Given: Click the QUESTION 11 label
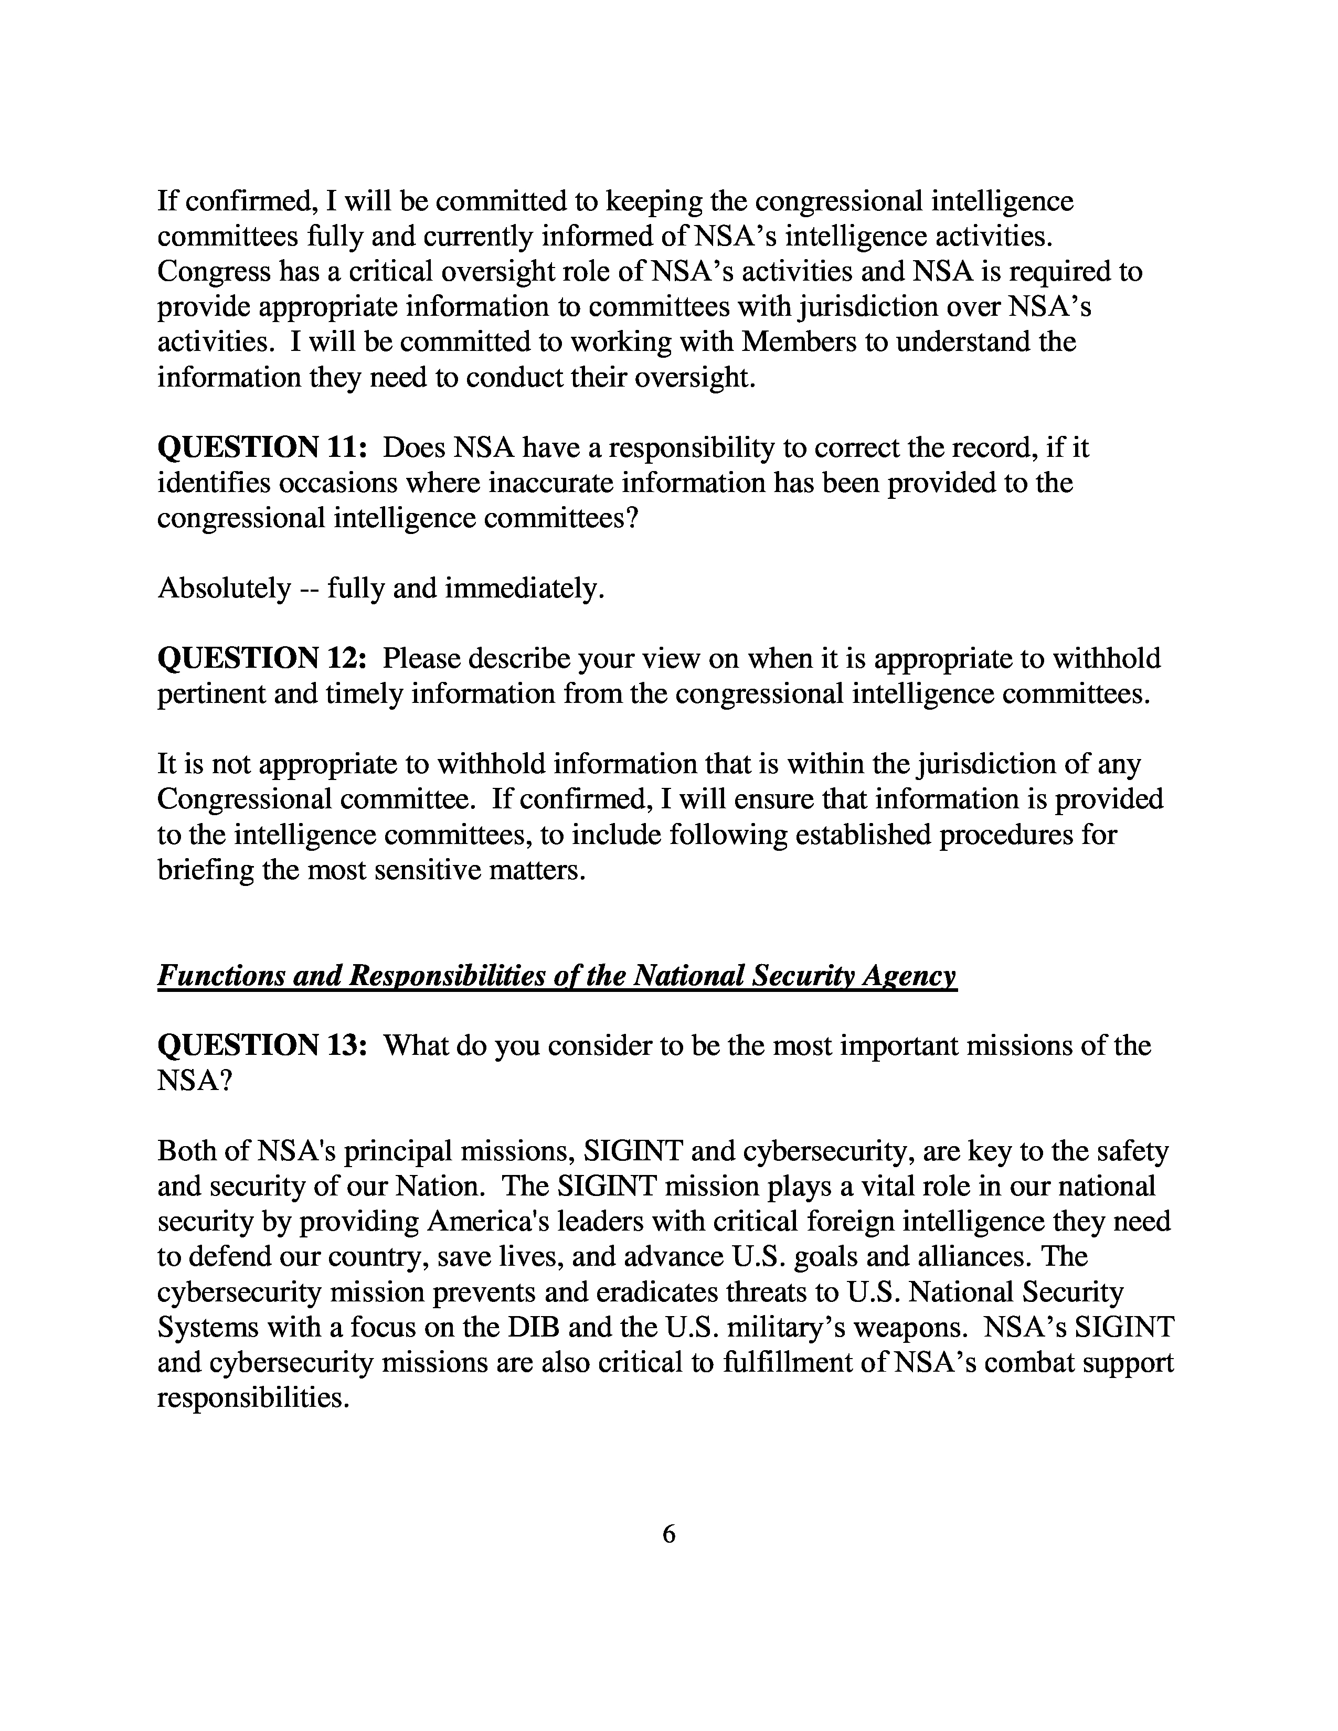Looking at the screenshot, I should pyautogui.click(x=262, y=448).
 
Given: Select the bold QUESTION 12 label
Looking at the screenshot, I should pyautogui.click(x=262, y=659).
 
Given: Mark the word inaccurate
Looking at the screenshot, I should pyautogui.click(x=551, y=483).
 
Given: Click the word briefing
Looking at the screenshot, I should pyautogui.click(x=205, y=870).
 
